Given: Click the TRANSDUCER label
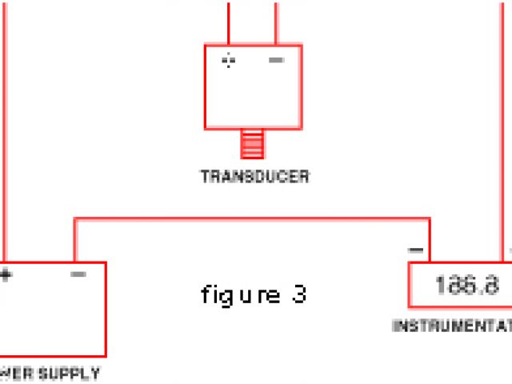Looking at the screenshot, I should coord(254,177).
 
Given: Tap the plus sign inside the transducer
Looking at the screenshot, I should coord(229,61).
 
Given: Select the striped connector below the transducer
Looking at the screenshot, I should coord(252,145).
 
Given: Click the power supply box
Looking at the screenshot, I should coord(53,312).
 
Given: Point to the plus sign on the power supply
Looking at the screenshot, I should coord(6,275).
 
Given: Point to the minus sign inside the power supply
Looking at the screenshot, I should coord(78,275).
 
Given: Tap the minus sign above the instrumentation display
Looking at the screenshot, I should coord(416,250).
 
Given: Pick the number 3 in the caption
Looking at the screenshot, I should coord(298,294).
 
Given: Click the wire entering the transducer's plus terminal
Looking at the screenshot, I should coord(229,22).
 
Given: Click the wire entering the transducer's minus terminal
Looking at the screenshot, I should coord(276,22).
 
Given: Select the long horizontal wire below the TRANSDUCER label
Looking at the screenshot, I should coord(252,218).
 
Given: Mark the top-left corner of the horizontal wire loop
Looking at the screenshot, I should coord(75,218).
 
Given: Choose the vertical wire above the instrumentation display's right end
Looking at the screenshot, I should coord(506,120).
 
